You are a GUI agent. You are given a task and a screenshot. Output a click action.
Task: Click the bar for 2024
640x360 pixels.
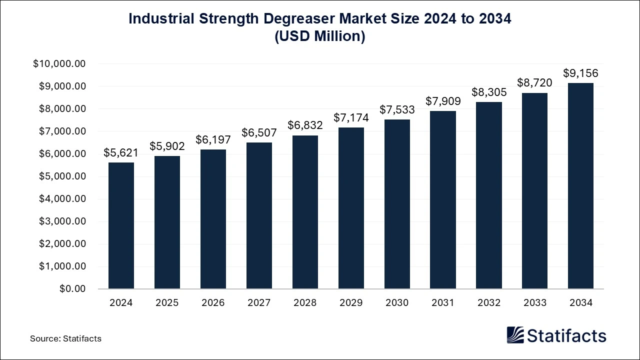point(121,225)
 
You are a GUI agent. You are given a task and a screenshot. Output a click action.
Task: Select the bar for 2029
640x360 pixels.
point(351,208)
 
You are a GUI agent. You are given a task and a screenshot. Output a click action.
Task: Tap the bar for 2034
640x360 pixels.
point(580,185)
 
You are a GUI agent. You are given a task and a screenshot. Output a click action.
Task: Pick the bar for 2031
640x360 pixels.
point(443,199)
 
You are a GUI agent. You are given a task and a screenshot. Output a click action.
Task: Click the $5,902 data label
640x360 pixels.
point(167,146)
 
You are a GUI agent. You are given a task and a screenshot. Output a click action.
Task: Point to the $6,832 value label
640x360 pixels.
point(305,125)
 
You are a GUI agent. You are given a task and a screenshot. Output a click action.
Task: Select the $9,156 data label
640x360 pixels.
point(580,73)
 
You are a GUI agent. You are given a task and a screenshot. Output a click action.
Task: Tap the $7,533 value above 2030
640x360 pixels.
point(397,109)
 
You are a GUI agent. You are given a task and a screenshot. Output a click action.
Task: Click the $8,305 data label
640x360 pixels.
point(489,92)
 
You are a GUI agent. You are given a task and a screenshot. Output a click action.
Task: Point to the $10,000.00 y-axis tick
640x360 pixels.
point(59,64)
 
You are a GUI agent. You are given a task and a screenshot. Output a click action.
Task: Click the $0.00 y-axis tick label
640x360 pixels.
point(73,289)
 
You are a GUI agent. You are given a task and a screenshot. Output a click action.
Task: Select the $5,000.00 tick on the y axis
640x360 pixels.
point(62,176)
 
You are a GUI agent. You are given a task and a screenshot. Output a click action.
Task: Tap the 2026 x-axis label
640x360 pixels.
point(213,302)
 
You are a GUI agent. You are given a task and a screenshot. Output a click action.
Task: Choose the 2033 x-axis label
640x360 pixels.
point(534,302)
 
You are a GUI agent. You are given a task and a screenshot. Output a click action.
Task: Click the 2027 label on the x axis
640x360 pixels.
point(259,302)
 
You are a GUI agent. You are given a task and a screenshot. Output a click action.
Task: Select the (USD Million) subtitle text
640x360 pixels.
point(320,36)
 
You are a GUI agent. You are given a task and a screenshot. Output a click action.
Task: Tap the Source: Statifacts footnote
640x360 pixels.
point(65,338)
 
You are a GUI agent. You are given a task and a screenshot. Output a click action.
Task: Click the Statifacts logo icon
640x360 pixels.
point(515,335)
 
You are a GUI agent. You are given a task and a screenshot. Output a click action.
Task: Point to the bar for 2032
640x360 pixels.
point(489,195)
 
